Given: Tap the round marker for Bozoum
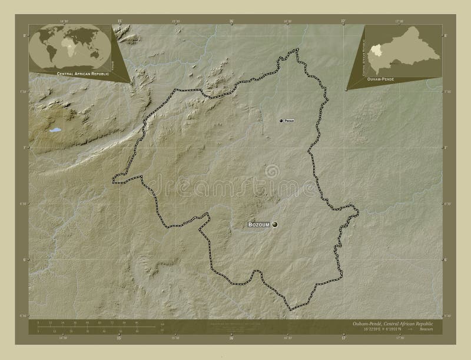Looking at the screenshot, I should pyautogui.click(x=274, y=224).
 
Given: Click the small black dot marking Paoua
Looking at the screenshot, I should pyautogui.click(x=281, y=121).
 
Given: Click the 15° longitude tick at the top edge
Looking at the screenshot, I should pyautogui.click(x=120, y=21).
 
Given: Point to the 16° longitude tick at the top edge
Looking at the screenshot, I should pyautogui.click(x=231, y=21).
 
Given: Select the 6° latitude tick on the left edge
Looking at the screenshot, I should pyautogui.click(x=25, y=259).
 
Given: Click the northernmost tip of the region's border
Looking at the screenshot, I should pyautogui.click(x=296, y=49).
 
